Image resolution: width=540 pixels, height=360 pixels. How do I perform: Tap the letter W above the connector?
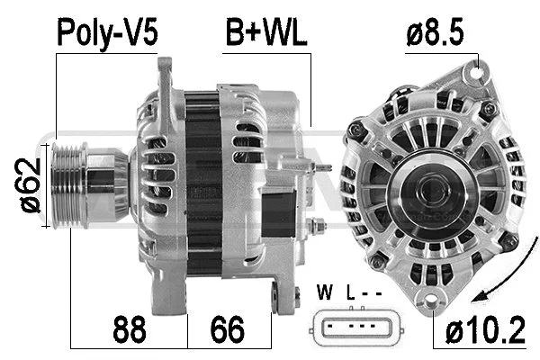click(x=326, y=292)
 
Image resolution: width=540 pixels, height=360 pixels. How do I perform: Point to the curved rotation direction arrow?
click(x=492, y=290)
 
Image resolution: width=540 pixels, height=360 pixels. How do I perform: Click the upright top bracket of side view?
click(x=164, y=81)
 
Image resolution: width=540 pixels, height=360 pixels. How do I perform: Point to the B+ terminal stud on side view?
click(x=314, y=224)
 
